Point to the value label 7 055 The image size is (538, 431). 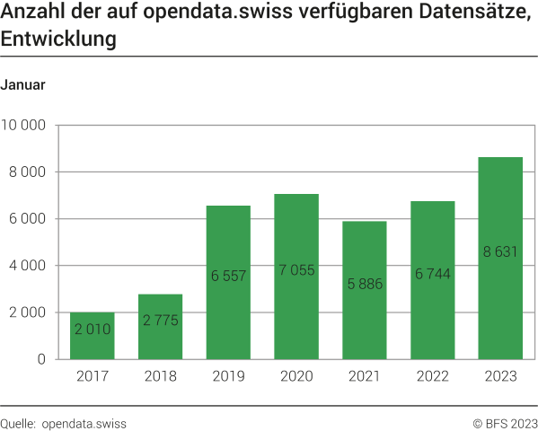point(296,270)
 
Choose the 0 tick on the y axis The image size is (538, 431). point(41,359)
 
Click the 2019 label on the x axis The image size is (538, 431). point(228,378)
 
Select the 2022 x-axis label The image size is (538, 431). point(432,378)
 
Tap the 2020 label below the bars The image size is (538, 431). point(296,378)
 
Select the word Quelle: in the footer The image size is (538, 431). point(19,423)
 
